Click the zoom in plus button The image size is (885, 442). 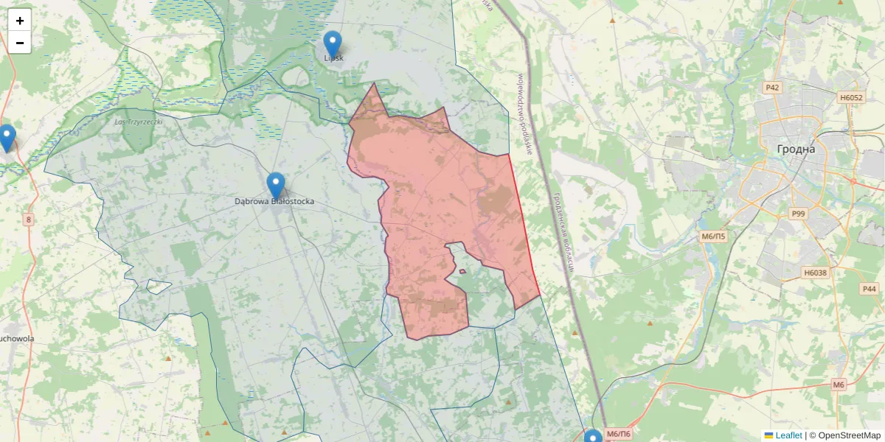point(20,21)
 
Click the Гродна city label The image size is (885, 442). point(796,149)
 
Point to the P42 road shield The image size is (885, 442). point(772,88)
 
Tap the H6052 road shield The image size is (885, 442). point(851,97)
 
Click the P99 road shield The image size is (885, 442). point(798,214)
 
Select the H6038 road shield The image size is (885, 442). point(815,273)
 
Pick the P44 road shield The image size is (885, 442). point(870,289)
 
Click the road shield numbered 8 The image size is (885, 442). point(29,220)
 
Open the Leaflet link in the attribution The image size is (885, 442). point(788,435)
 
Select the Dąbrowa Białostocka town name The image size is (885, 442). point(274,200)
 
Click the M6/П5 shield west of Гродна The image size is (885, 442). point(713,236)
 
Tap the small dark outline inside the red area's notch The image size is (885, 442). point(462,271)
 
